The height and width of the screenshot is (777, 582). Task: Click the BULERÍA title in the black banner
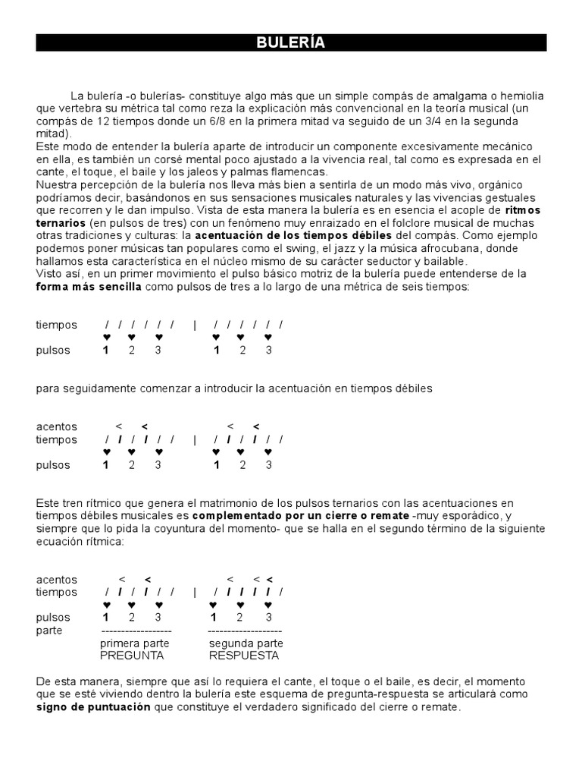(x=291, y=42)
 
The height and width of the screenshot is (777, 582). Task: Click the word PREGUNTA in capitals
(x=133, y=656)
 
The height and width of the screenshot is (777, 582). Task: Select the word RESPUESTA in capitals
(x=244, y=656)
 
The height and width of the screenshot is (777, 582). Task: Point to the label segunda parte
(x=244, y=643)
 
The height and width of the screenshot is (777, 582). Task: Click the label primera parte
(x=135, y=643)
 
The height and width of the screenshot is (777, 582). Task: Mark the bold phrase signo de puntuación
(x=93, y=707)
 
